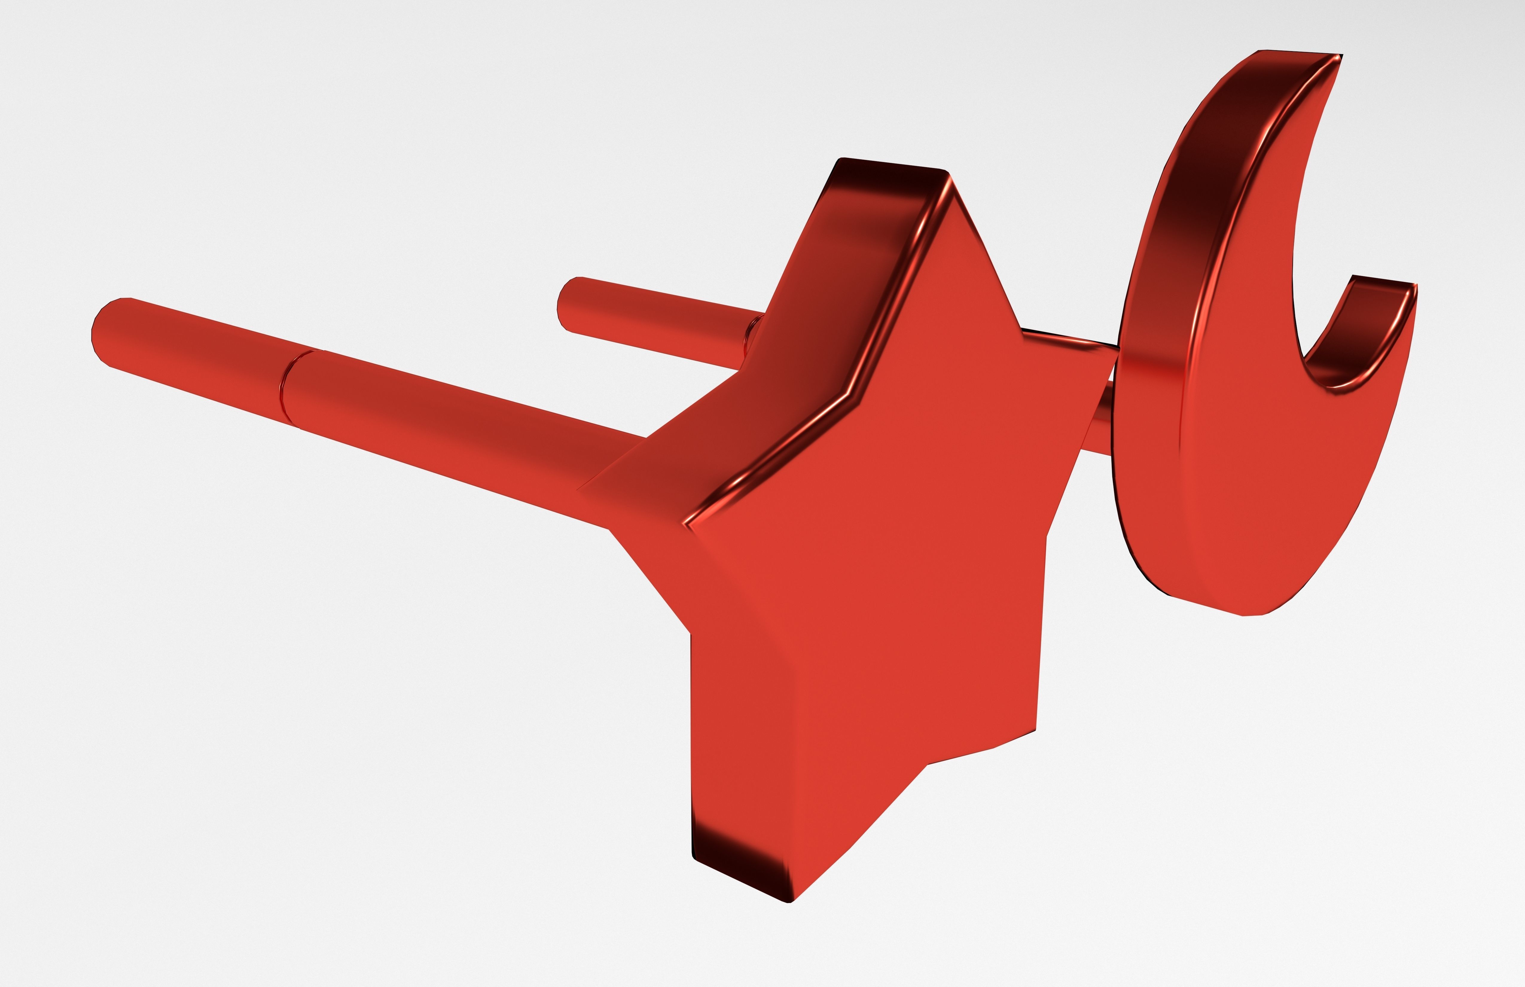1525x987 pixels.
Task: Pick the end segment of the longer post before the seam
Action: (192, 359)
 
